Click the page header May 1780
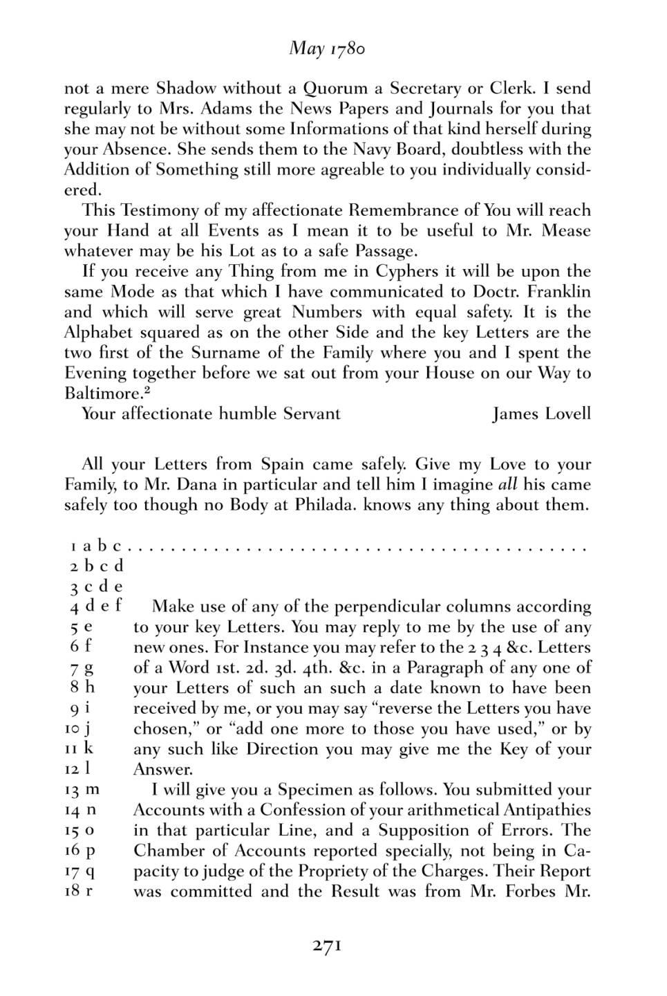pos(327,48)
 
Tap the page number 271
pos(327,945)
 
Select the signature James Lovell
pos(541,414)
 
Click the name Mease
pos(566,230)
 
